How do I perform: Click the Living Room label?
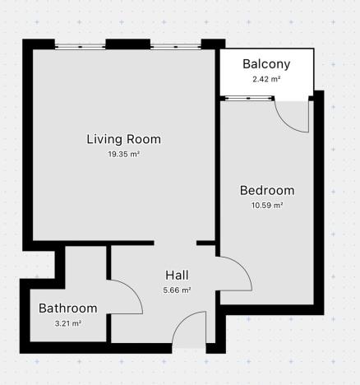[123, 139]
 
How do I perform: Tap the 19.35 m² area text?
[123, 154]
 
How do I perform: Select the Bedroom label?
[266, 191]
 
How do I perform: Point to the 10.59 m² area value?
[266, 206]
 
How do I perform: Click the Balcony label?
[266, 64]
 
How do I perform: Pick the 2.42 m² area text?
[266, 80]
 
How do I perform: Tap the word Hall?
[178, 275]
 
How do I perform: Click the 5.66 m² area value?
[178, 290]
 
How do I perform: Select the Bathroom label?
[68, 308]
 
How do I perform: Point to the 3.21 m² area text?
[68, 323]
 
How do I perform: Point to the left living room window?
[80, 46]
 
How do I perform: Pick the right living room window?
[175, 46]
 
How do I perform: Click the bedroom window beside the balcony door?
[249, 99]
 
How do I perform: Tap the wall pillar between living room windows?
[122, 44]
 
